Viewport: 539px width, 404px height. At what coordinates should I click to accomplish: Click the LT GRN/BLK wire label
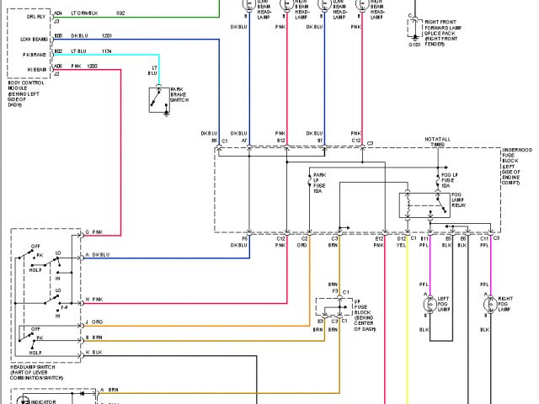coord(85,13)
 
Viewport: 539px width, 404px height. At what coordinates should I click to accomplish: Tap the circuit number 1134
coord(106,51)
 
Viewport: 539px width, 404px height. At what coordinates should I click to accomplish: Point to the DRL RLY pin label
coord(35,14)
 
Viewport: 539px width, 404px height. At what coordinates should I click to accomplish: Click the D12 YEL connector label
coord(403,242)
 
